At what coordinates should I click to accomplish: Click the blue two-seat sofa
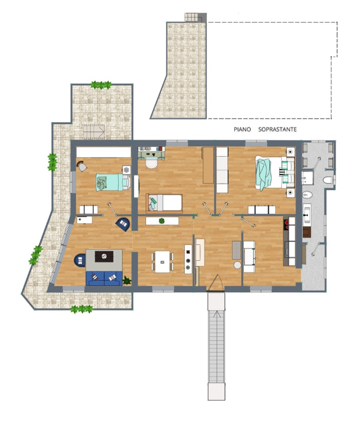[x=103, y=278]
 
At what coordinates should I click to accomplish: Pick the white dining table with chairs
[x=162, y=261]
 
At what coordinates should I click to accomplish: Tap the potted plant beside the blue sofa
[x=127, y=281]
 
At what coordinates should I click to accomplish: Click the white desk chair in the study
[x=152, y=164]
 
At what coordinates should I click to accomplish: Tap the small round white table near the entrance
[x=238, y=265]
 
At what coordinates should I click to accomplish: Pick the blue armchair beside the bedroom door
[x=123, y=223]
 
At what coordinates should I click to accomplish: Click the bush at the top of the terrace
[x=101, y=85]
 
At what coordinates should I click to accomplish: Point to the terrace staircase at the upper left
[x=94, y=132]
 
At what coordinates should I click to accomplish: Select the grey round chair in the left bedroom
[x=83, y=167]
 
